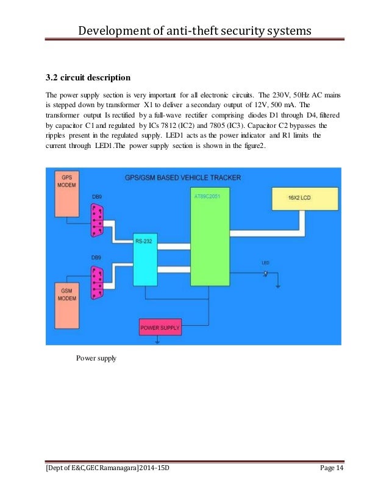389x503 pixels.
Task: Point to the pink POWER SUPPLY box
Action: click(x=160, y=327)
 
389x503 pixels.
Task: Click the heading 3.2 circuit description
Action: click(x=88, y=78)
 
